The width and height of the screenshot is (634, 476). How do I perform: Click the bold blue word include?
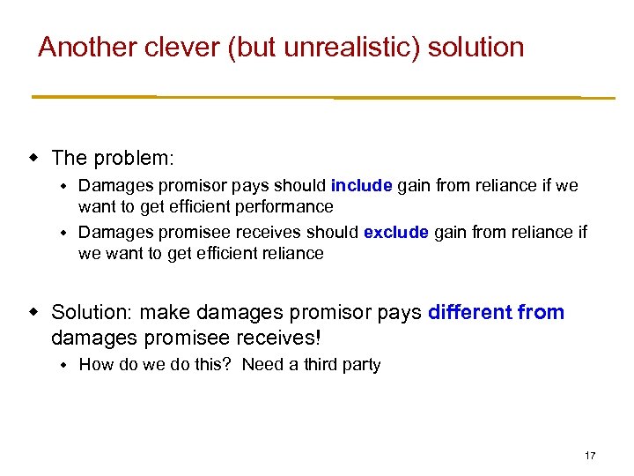362,186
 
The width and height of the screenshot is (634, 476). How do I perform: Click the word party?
362,365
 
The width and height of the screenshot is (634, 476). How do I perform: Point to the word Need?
262,365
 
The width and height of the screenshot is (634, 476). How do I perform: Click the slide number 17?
589,456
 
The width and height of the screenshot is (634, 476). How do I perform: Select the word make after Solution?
159,312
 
